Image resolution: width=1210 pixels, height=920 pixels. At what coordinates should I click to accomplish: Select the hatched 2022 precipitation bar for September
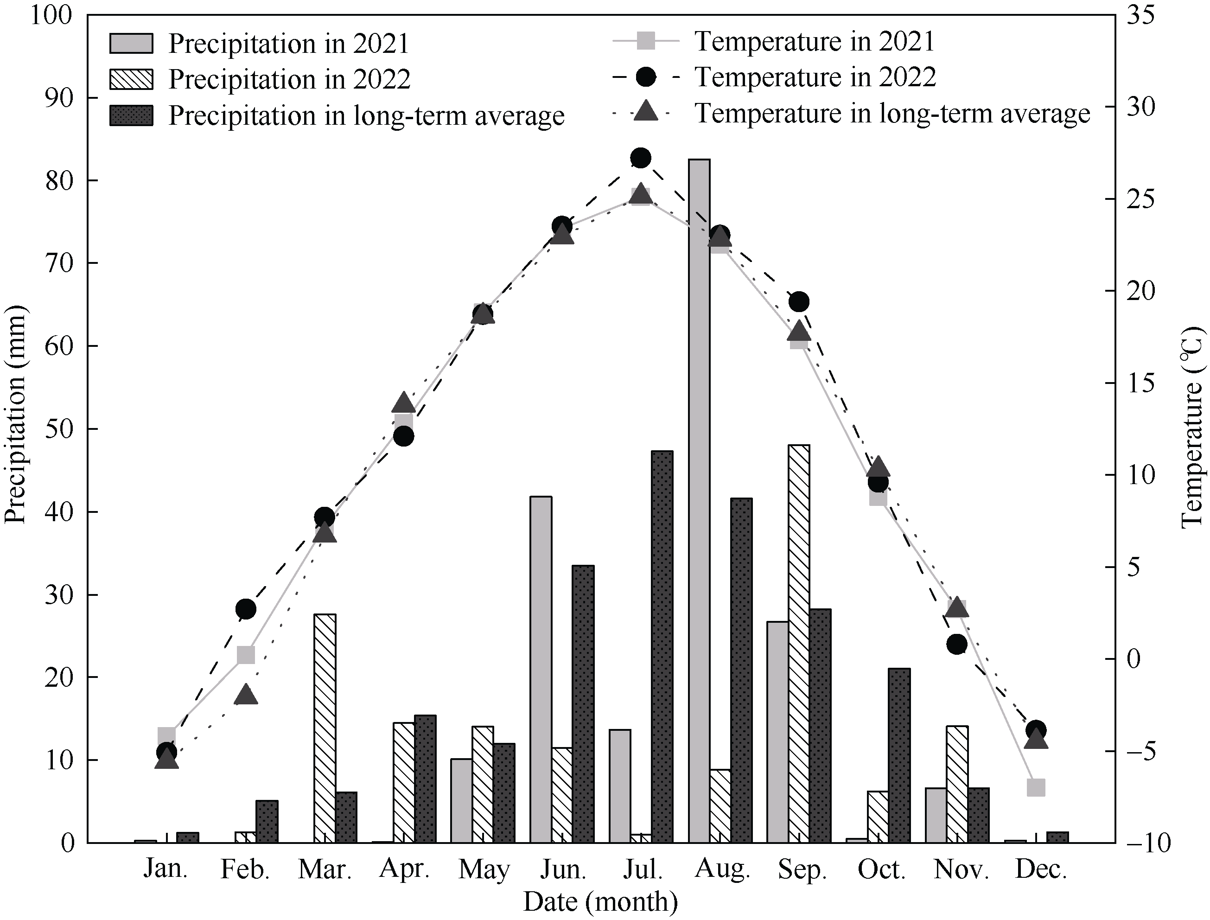coord(799,644)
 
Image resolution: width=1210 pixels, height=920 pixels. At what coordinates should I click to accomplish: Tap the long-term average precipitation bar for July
coord(662,647)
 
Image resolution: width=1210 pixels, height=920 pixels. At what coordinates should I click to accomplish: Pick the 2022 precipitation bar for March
coord(325,728)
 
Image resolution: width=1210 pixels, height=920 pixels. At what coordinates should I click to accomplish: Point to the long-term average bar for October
coord(899,755)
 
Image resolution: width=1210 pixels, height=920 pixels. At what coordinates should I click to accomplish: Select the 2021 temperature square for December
coord(1036,787)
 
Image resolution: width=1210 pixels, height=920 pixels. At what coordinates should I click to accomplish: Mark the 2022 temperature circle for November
coord(956,645)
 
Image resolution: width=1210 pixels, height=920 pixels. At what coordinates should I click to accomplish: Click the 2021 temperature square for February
coord(246,655)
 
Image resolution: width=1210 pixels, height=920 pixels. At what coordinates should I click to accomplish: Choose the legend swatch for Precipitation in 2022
coord(131,79)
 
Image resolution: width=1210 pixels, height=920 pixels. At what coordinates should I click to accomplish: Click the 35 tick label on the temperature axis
coord(1140,15)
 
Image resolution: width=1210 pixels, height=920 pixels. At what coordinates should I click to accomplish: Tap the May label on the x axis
coord(484,869)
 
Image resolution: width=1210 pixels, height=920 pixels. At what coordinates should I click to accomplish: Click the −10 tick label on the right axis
coord(1147,843)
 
